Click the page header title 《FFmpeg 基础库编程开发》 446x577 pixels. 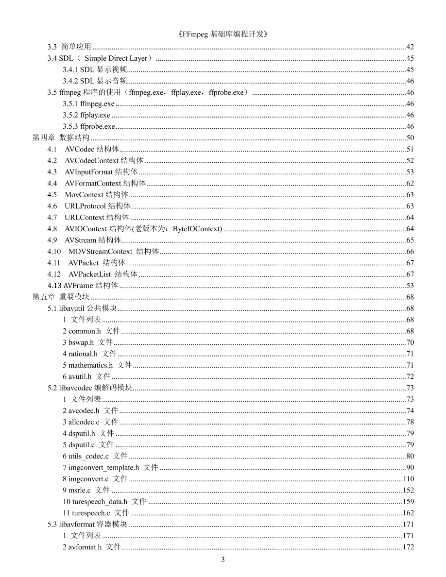click(223, 34)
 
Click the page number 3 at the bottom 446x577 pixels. click(223, 560)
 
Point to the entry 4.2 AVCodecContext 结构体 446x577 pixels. click(95, 160)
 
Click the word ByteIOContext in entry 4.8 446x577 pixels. click(196, 229)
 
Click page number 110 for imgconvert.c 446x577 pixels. click(408, 479)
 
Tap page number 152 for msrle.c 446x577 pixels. click(408, 490)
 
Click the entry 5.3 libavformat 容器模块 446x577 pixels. click(87, 524)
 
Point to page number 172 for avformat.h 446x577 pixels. click(408, 547)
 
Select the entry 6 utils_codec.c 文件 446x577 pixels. click(95, 456)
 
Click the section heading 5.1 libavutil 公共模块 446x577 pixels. click(83, 308)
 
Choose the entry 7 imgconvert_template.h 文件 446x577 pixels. click(110, 467)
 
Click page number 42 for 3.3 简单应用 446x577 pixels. click(410, 47)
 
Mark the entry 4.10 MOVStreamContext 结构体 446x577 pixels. click(103, 252)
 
